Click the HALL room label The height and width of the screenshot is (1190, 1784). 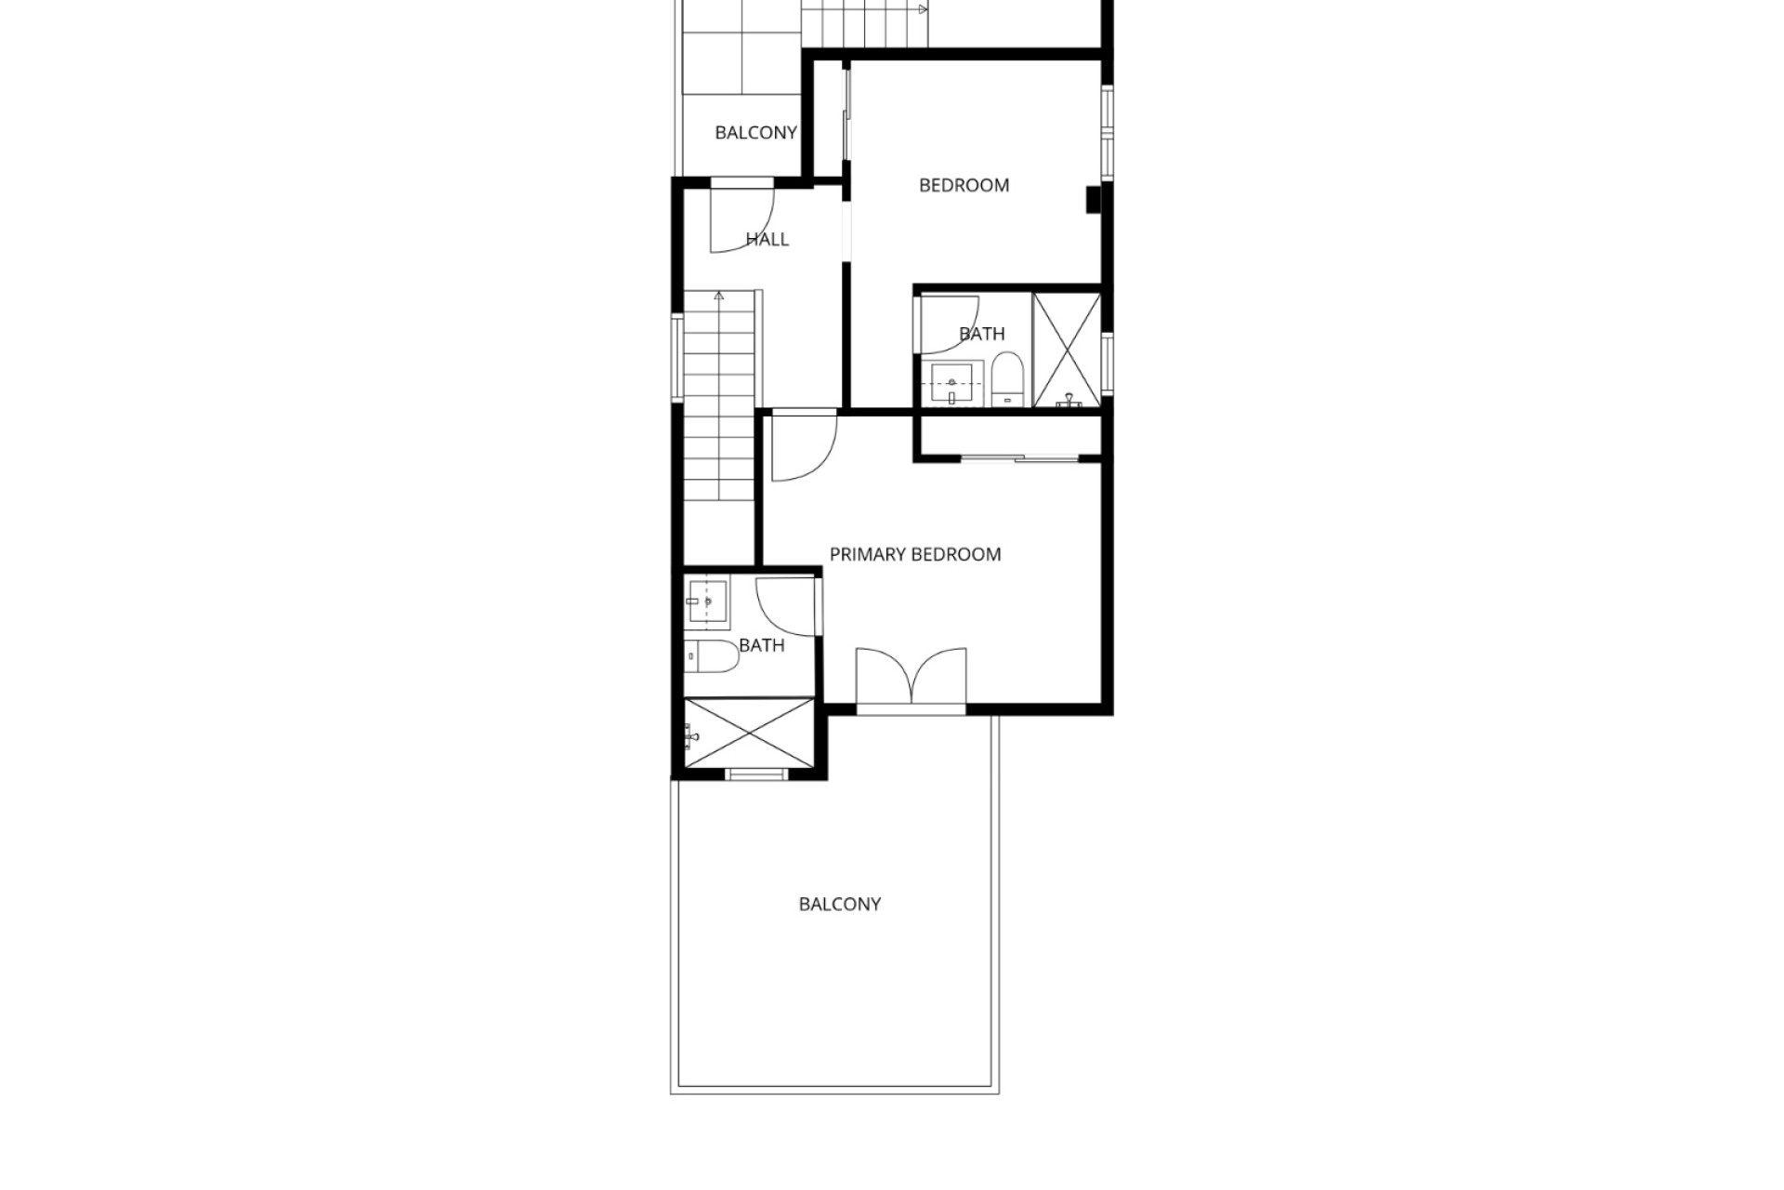[767, 240]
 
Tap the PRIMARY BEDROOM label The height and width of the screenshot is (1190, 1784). [915, 555]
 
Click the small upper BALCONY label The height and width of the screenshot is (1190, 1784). [755, 133]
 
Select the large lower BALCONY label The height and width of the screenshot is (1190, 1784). [840, 905]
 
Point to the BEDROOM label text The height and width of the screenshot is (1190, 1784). [964, 186]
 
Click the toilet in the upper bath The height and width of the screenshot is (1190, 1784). [1006, 379]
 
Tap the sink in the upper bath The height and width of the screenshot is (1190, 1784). [952, 384]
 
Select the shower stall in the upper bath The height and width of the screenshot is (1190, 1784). [1067, 350]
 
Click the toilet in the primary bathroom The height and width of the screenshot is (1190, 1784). [712, 656]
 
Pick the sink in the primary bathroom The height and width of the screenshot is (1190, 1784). [707, 602]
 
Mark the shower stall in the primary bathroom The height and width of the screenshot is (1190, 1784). [749, 734]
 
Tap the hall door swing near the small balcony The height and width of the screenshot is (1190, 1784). [742, 220]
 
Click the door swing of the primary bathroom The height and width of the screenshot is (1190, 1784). [786, 607]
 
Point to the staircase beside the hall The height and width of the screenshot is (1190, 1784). [720, 396]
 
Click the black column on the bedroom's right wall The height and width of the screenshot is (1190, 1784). [1095, 200]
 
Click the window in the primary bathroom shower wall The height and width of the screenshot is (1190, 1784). [754, 774]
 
